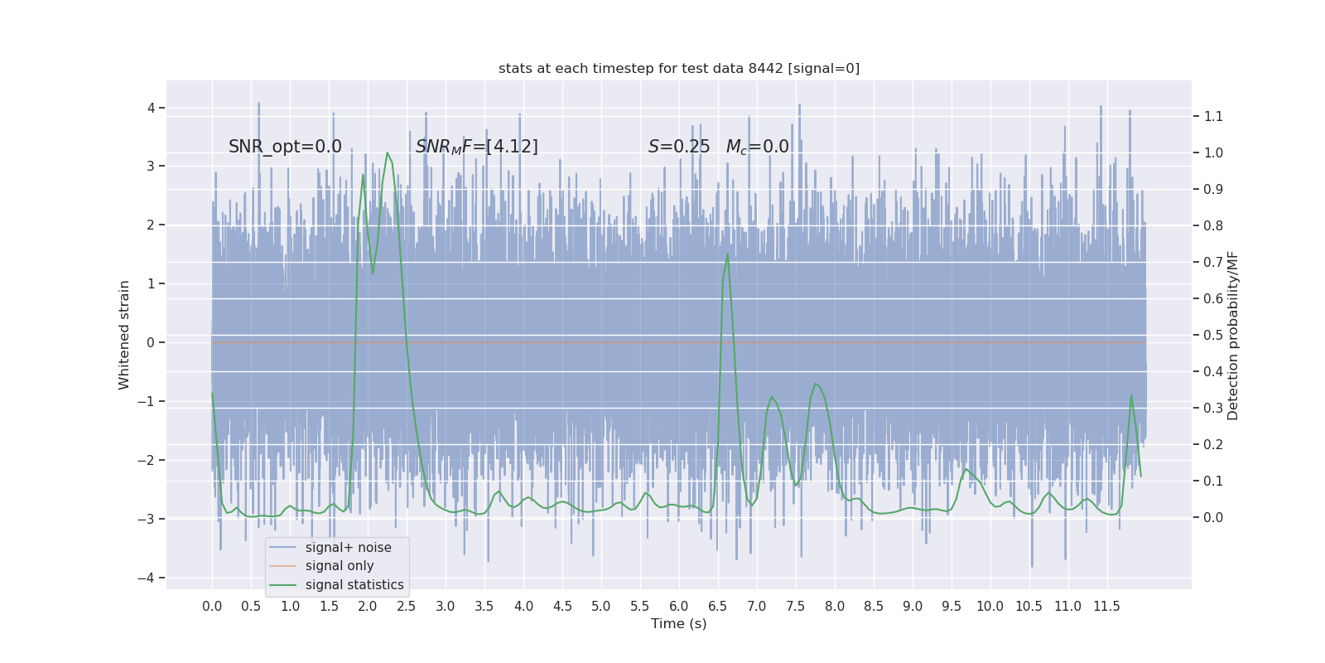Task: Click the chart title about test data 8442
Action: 679,69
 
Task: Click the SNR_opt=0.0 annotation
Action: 285,147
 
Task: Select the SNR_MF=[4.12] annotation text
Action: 476,147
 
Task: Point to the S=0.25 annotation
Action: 678,147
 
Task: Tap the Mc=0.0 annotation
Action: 757,147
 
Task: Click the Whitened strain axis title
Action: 124,335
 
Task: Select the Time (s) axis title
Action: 678,624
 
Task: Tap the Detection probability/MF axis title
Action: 1233,335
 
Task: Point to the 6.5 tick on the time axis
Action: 717,607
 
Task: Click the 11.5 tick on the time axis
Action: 1106,607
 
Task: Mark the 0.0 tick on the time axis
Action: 212,607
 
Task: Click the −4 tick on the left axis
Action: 150,578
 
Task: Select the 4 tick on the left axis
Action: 152,108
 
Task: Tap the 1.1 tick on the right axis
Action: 1213,116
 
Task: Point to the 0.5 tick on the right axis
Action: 1213,335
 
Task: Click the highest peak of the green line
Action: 387,152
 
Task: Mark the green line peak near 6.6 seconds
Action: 727,254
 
